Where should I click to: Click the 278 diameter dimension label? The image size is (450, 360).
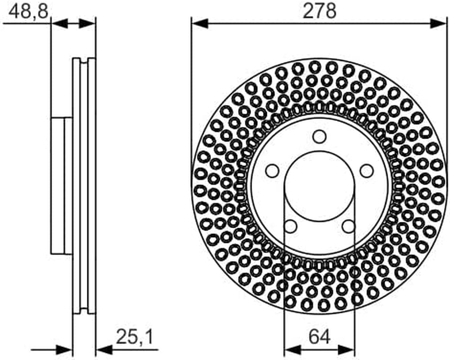coord(319,12)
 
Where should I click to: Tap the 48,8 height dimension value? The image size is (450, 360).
coord(28,12)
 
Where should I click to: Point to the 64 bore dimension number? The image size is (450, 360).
coord(319,337)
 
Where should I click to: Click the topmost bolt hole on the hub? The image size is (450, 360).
coord(319,137)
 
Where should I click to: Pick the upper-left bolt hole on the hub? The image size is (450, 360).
coord(272,171)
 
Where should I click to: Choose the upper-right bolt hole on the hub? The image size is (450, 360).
coord(366,171)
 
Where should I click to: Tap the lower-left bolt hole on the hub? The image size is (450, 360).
coord(290,226)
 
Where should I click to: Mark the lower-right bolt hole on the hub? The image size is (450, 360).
coord(349,226)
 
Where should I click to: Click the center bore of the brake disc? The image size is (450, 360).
coord(319,186)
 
